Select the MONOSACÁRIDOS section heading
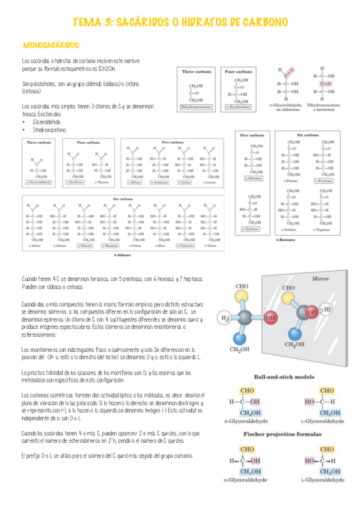51,45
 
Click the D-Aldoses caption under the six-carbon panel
123,255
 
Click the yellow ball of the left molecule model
242,295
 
